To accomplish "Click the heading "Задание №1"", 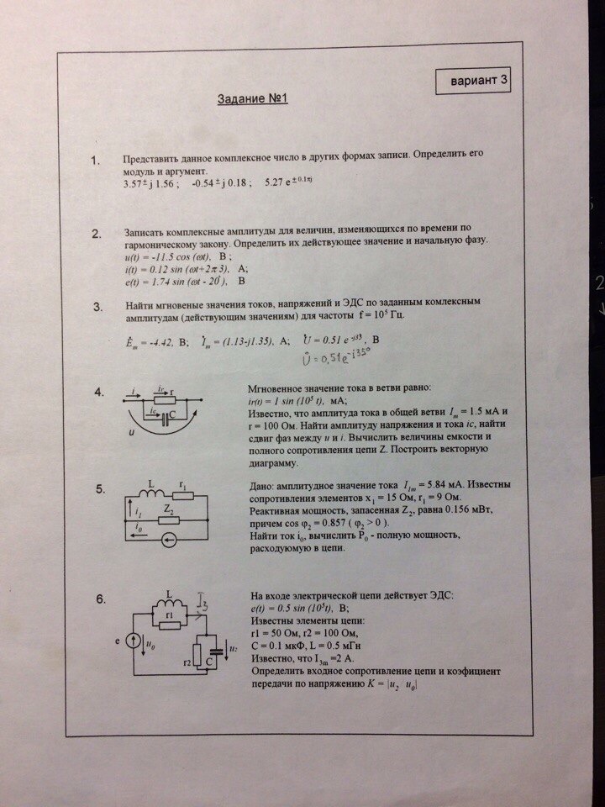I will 253,99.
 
